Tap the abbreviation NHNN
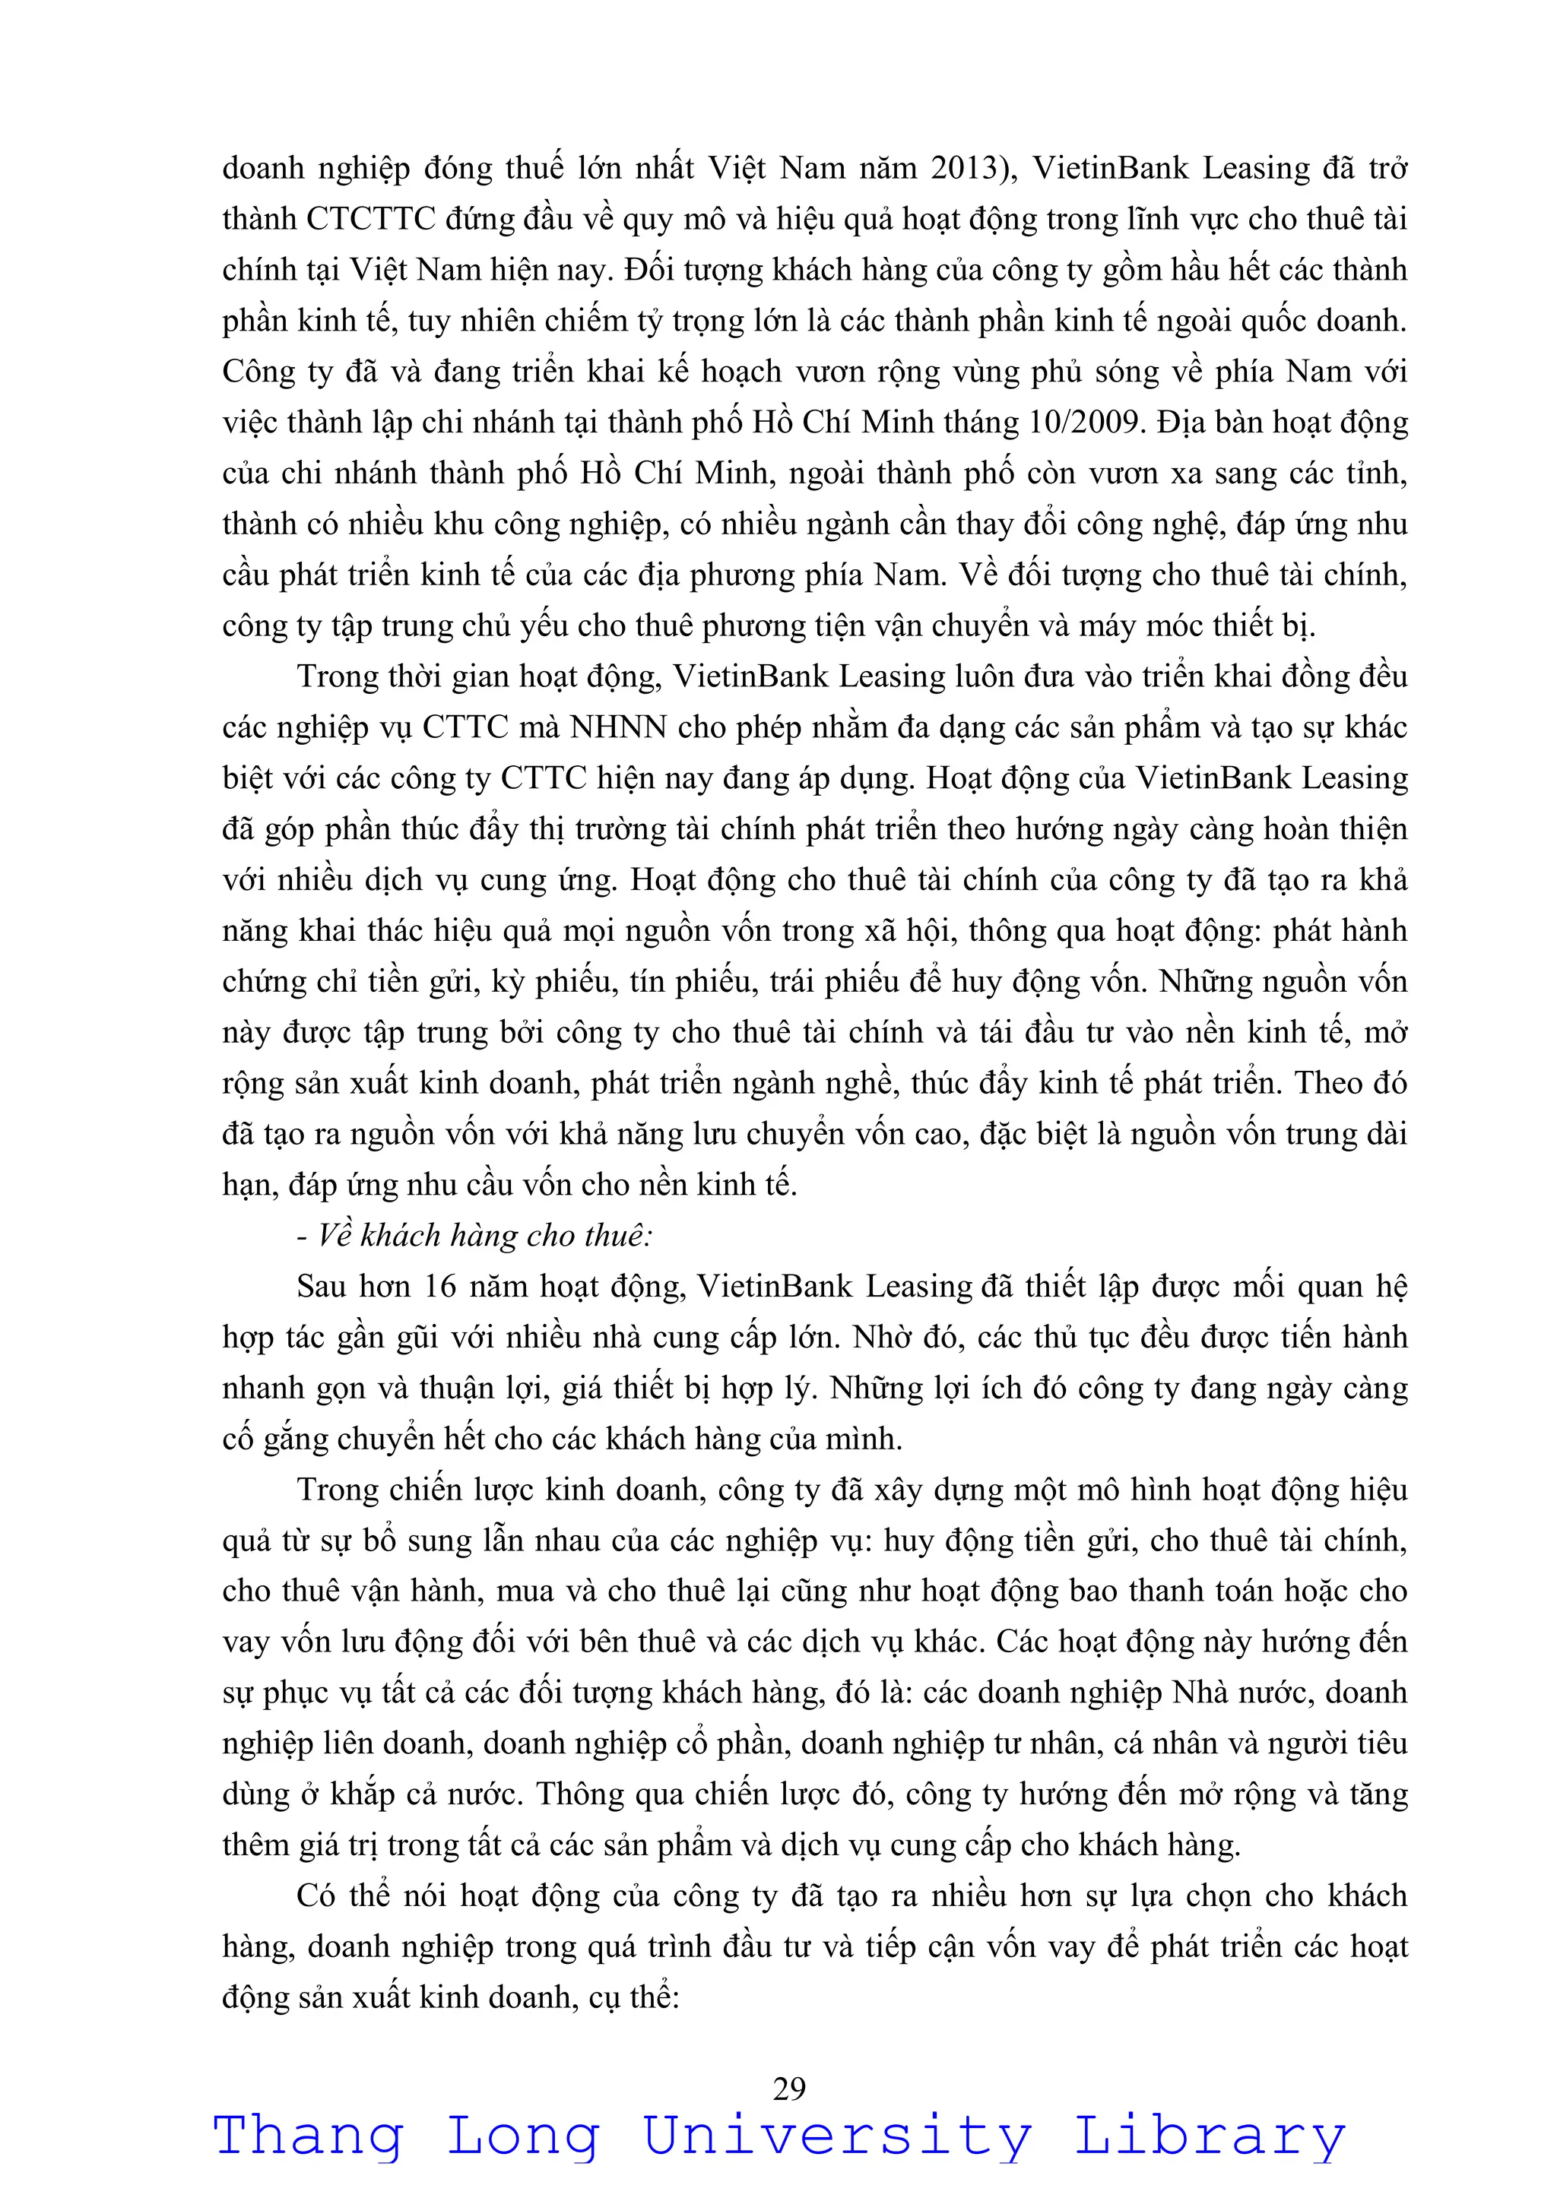(618, 727)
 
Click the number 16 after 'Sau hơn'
(440, 1287)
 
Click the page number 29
(789, 2088)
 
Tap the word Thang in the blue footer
(308, 2138)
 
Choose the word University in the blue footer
(836, 2138)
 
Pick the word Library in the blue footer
(1209, 2138)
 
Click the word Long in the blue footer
(524, 2138)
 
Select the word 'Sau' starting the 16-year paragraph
(321, 1287)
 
